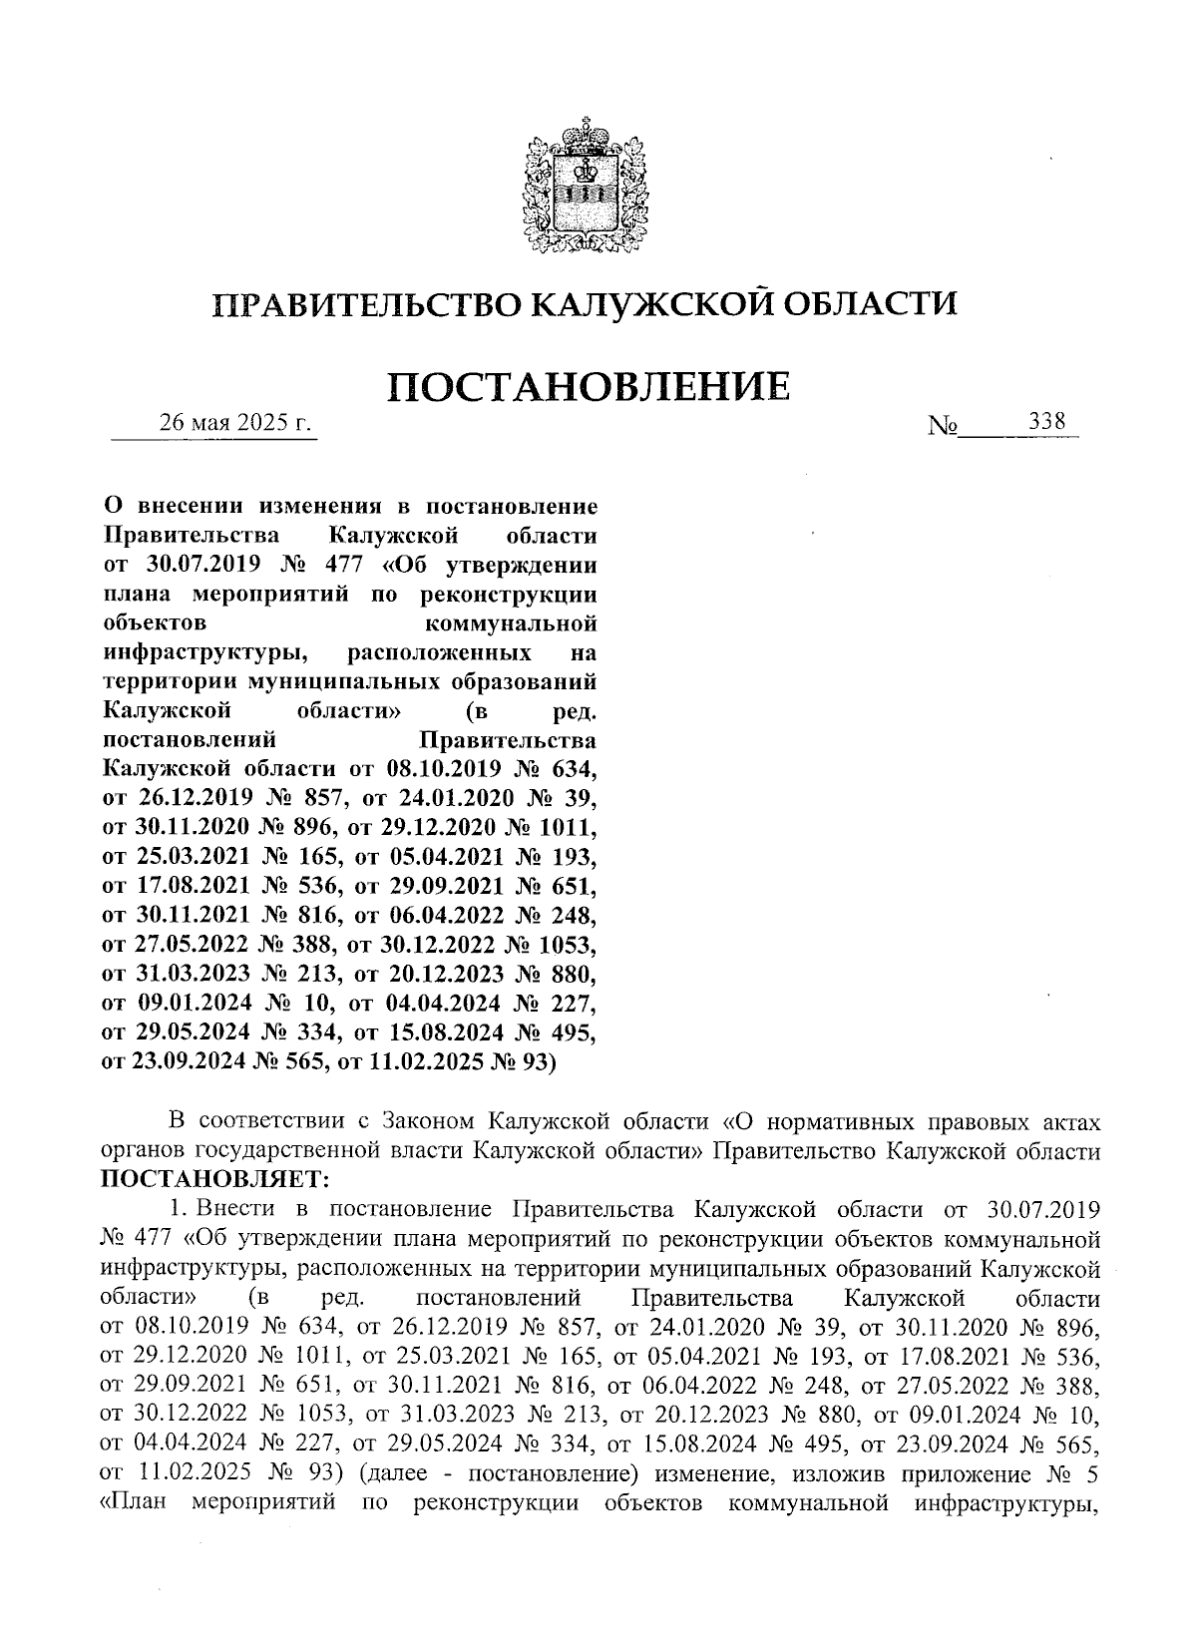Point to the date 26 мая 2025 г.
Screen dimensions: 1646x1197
[236, 423]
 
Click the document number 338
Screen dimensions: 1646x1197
[1047, 421]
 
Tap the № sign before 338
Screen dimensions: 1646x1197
[943, 427]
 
